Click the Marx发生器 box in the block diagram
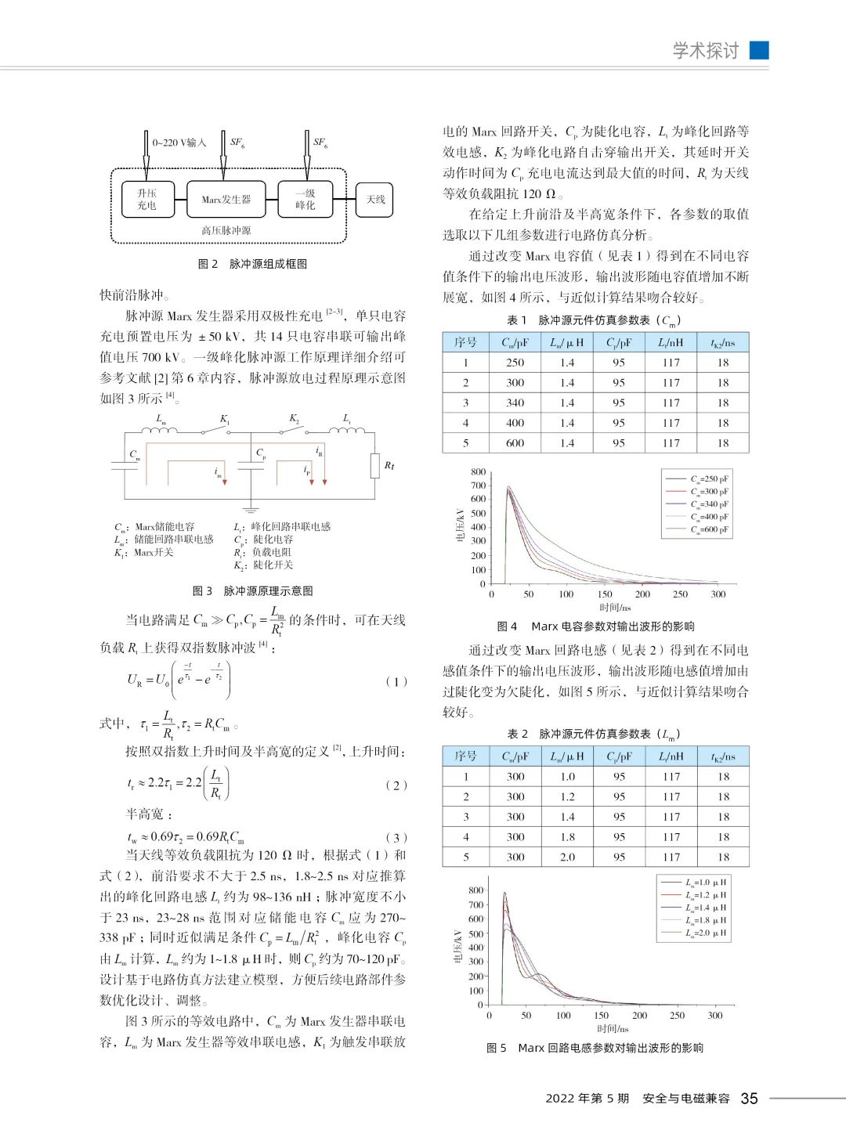click(x=226, y=200)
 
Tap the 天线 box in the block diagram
click(x=375, y=200)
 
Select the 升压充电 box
click(x=146, y=200)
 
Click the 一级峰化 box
click(x=305, y=200)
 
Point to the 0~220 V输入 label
click(x=179, y=143)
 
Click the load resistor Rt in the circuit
click(x=375, y=465)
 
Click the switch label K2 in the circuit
click(x=295, y=419)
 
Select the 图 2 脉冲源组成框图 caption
click(x=252, y=264)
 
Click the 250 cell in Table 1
click(x=515, y=363)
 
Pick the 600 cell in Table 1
click(x=515, y=443)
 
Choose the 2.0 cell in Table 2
click(x=567, y=857)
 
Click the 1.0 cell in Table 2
click(x=567, y=776)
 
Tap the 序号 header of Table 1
click(x=465, y=342)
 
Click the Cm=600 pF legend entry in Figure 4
click(x=708, y=529)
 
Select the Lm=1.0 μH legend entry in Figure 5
click(x=705, y=882)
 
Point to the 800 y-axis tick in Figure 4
click(x=478, y=472)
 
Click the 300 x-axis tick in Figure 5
click(x=714, y=1016)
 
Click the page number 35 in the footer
click(x=749, y=1099)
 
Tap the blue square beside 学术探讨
click(x=759, y=50)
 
